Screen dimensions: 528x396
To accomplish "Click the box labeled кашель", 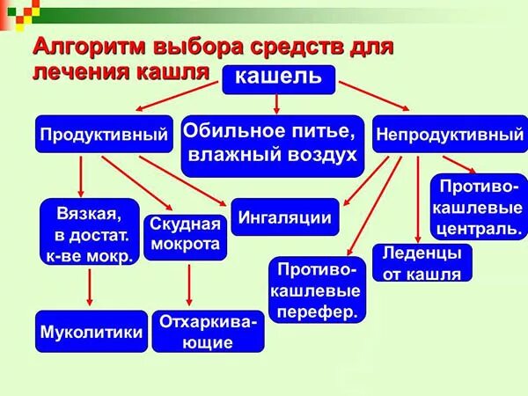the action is (278, 79).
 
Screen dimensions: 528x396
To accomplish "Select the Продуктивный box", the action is (104, 136).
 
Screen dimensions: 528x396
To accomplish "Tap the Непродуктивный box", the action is (449, 136).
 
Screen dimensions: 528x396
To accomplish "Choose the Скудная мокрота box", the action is (185, 235).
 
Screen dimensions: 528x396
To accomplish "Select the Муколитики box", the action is (92, 333).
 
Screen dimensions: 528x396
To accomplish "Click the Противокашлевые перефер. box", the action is (318, 290).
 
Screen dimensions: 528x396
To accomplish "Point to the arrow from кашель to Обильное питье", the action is (277, 104).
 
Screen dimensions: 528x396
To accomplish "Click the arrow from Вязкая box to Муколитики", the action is (90, 287).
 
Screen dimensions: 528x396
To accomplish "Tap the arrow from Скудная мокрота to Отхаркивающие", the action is (189, 284).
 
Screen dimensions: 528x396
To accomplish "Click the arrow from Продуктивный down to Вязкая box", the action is (81, 175).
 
